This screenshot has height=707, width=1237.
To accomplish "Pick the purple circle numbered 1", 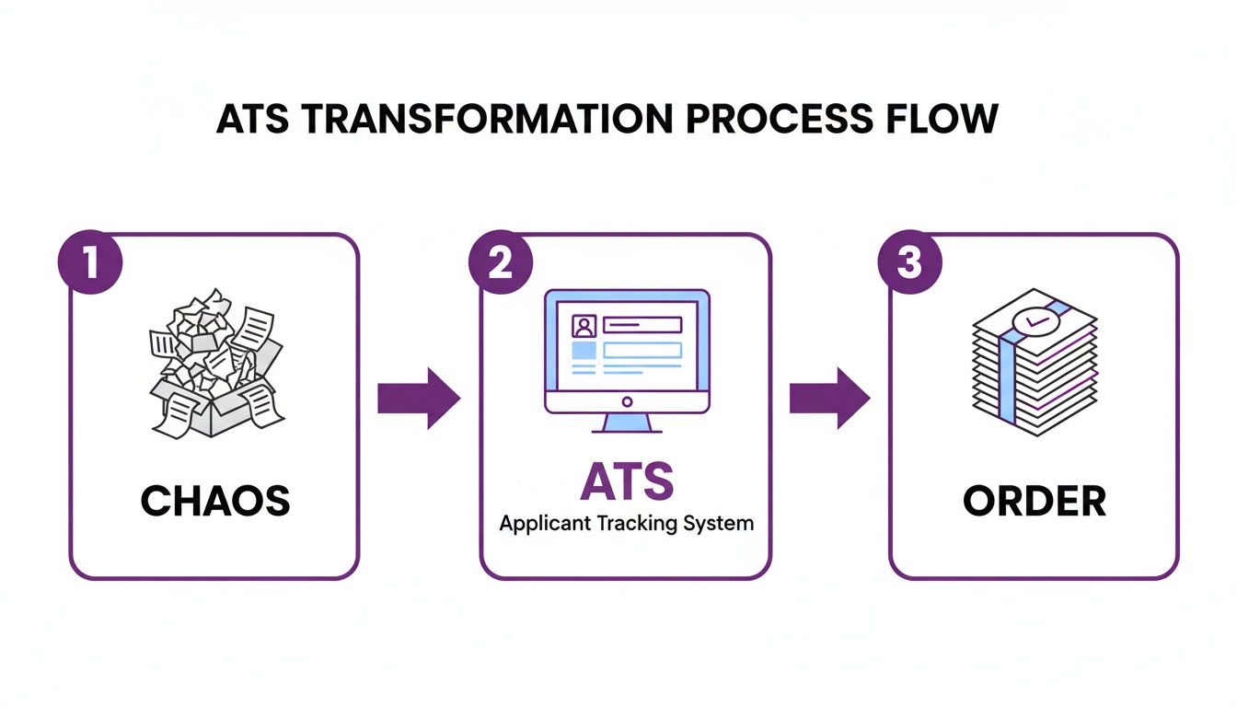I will coord(90,262).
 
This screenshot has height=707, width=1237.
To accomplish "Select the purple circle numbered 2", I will coord(499,262).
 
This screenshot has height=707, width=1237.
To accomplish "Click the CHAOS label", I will coord(214,501).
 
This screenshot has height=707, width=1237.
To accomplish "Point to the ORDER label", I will coord(1035,501).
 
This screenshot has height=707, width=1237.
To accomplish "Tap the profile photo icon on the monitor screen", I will coord(584,326).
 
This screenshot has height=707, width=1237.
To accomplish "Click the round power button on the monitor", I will coord(627,401).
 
